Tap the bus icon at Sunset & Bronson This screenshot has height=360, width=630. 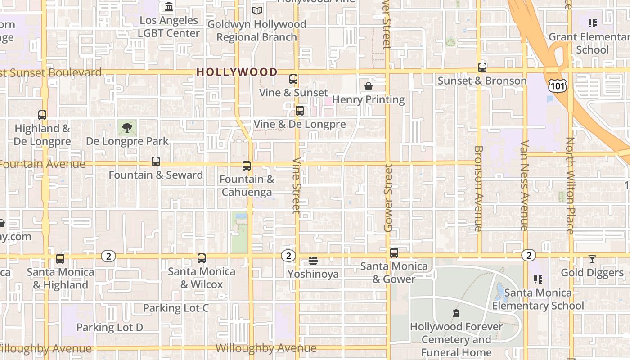[x=482, y=67]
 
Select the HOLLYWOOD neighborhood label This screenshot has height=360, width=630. [x=237, y=72]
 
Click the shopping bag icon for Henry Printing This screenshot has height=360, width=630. [x=369, y=86]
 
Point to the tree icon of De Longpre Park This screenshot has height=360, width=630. [x=127, y=128]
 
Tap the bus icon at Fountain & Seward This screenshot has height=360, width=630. [x=156, y=162]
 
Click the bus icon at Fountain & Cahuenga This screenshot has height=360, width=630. [x=247, y=166]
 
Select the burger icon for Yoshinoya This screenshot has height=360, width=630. [x=314, y=261]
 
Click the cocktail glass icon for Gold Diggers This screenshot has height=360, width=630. [x=592, y=259]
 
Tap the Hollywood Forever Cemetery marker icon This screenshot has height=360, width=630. [x=456, y=313]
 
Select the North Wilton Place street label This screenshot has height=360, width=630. [x=570, y=185]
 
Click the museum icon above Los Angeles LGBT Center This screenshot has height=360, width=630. [x=169, y=7]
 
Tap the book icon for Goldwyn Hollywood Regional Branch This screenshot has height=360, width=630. [x=257, y=10]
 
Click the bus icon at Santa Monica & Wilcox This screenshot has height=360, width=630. [x=202, y=258]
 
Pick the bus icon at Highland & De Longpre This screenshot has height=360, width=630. [x=42, y=115]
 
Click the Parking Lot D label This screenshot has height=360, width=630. [x=110, y=327]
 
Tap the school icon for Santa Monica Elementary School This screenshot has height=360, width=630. [x=538, y=279]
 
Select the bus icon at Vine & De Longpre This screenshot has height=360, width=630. [x=300, y=111]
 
